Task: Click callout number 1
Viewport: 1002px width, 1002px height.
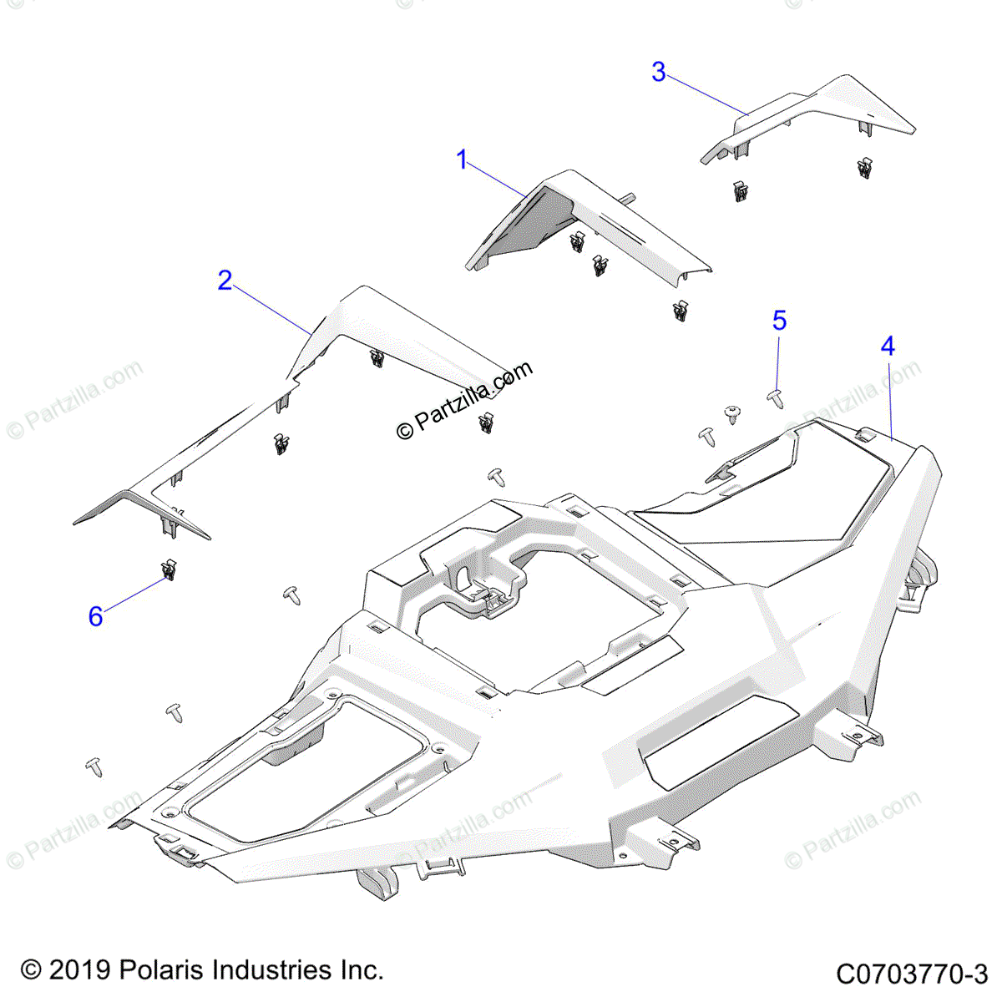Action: pos(463,159)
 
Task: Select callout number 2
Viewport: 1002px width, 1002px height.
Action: pos(225,281)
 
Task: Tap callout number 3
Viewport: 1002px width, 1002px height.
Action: pos(659,73)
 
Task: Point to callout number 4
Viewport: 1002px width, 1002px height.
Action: pos(888,346)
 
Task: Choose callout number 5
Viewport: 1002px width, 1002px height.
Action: pos(779,321)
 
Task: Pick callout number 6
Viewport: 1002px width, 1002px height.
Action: pos(96,616)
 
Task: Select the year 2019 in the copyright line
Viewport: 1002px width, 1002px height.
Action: pos(79,970)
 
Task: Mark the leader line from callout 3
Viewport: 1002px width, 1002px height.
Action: pos(706,94)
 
